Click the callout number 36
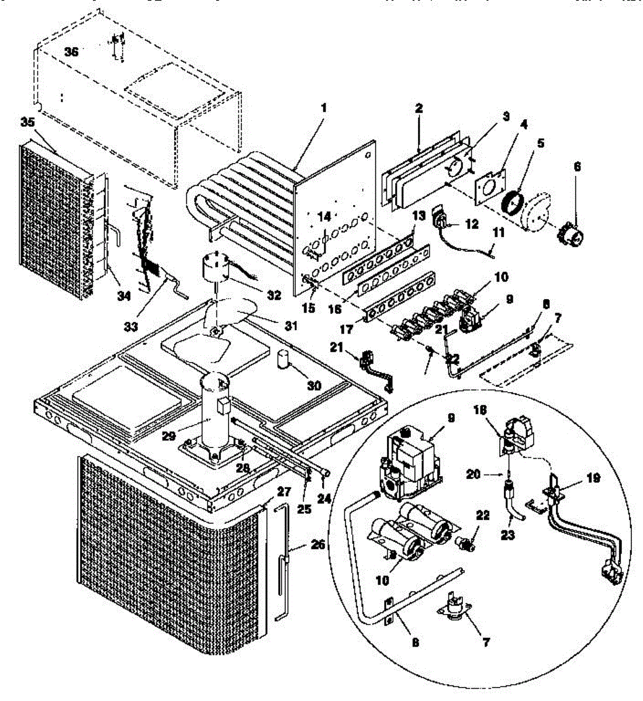click(x=71, y=52)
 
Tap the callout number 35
click(x=26, y=123)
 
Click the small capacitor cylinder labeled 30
click(x=284, y=360)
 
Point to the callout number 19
click(x=593, y=477)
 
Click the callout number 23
click(x=507, y=534)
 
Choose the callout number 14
click(x=324, y=217)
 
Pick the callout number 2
click(x=419, y=109)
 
